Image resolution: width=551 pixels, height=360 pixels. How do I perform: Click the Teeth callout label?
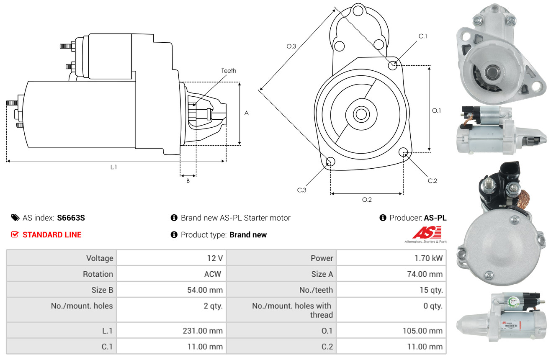click(229, 71)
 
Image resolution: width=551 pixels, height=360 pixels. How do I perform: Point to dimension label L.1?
click(113, 167)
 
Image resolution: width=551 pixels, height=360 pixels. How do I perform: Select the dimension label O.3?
click(291, 46)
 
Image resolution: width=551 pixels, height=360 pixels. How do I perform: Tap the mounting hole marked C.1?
click(393, 65)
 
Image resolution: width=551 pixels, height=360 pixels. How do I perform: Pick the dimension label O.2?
click(367, 200)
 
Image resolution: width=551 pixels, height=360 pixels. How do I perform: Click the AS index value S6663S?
click(71, 218)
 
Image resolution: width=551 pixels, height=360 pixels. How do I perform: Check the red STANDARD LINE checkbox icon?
click(15, 234)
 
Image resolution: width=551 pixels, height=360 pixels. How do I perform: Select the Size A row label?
click(322, 274)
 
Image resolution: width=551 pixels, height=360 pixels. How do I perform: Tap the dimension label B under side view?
click(188, 181)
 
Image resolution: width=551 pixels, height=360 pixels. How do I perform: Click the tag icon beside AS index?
click(15, 218)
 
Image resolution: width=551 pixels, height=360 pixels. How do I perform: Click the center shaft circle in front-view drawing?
click(360, 114)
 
